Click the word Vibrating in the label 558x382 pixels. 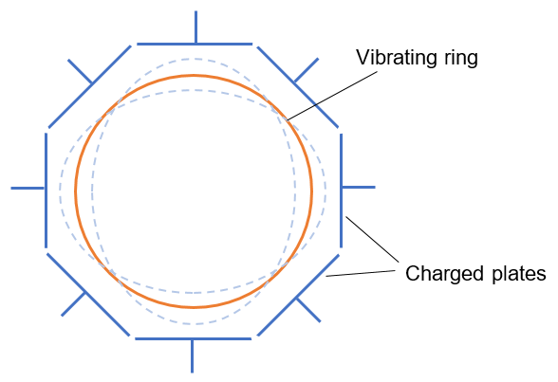pyautogui.click(x=397, y=57)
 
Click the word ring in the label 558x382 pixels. pyautogui.click(x=460, y=59)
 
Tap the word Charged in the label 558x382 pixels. pyautogui.click(x=445, y=274)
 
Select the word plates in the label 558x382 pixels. pyautogui.click(x=518, y=275)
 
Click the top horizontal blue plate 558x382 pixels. pyautogui.click(x=195, y=44)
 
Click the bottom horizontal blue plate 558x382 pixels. pyautogui.click(x=194, y=338)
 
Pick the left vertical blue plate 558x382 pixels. pyautogui.click(x=46, y=191)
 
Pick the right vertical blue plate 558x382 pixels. pyautogui.click(x=342, y=191)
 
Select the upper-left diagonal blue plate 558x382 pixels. pyautogui.click(x=89, y=86)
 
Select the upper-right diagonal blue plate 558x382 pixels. pyautogui.click(x=298, y=86)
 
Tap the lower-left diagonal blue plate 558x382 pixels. pyautogui.click(x=88, y=294)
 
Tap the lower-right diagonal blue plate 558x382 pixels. pyautogui.click(x=298, y=295)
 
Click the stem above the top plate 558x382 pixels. pyautogui.click(x=195, y=27)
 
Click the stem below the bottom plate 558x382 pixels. pyautogui.click(x=192, y=356)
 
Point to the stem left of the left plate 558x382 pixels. pyautogui.click(x=28, y=188)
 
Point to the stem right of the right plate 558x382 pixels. pyautogui.click(x=359, y=187)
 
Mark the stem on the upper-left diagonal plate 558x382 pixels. pyautogui.click(x=80, y=71)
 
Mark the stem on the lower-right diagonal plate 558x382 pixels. pyautogui.click(x=308, y=310)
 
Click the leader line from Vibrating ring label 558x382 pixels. pyautogui.click(x=332, y=96)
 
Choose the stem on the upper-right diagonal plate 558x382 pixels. pyautogui.click(x=307, y=70)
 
